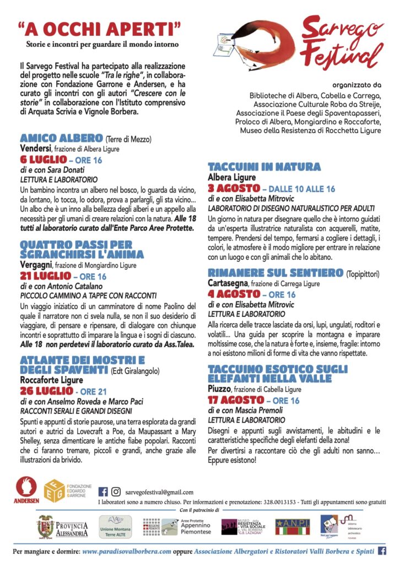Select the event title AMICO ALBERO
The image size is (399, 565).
click(61, 138)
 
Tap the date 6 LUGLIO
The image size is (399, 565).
click(43, 160)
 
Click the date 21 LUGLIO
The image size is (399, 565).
click(46, 275)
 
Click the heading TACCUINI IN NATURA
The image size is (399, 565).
click(264, 166)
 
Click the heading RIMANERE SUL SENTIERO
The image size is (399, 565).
click(275, 272)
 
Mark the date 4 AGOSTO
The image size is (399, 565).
click(230, 294)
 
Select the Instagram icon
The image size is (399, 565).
click(116, 492)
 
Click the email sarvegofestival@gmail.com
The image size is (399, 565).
click(159, 492)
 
